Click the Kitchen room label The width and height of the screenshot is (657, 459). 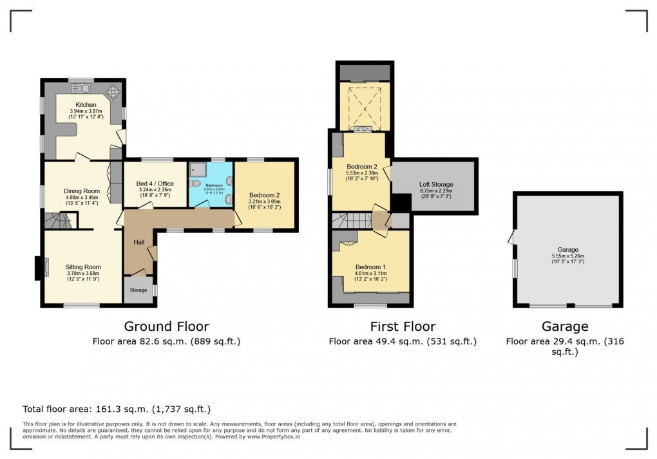pos(86,104)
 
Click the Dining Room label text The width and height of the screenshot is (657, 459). pos(81,191)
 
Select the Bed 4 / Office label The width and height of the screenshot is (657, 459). pos(155,184)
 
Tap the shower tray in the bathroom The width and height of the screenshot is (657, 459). pos(196,169)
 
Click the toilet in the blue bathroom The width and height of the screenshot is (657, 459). pos(196,183)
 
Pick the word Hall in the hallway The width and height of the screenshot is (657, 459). pos(138,242)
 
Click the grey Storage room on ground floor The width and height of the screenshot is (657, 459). pos(138,290)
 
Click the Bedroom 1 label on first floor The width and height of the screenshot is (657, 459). pos(370,267)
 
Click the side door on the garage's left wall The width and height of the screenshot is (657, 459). pos(512,238)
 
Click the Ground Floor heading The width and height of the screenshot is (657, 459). pos(166,326)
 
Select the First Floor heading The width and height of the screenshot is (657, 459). pos(403,326)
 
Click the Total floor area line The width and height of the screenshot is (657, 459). pos(117,409)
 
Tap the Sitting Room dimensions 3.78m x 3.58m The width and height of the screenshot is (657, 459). pos(84,274)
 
